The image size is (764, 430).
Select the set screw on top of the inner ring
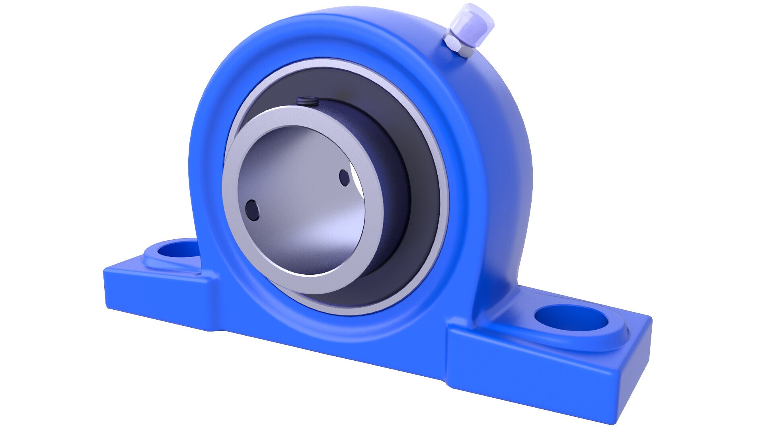pyautogui.click(x=306, y=102)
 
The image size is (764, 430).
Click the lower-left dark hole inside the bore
pyautogui.click(x=252, y=209)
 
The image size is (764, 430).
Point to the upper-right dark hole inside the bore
pyautogui.click(x=344, y=178)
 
